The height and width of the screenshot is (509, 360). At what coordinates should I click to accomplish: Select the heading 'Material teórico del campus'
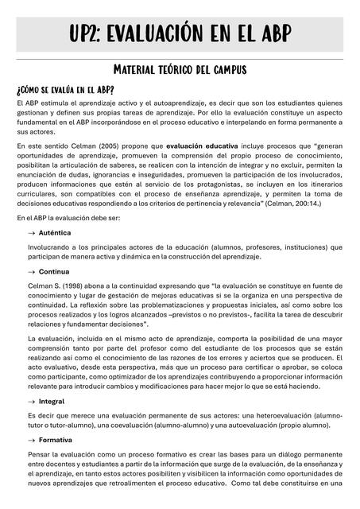tap(180, 70)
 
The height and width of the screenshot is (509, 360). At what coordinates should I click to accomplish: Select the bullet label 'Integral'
tap(52, 402)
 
